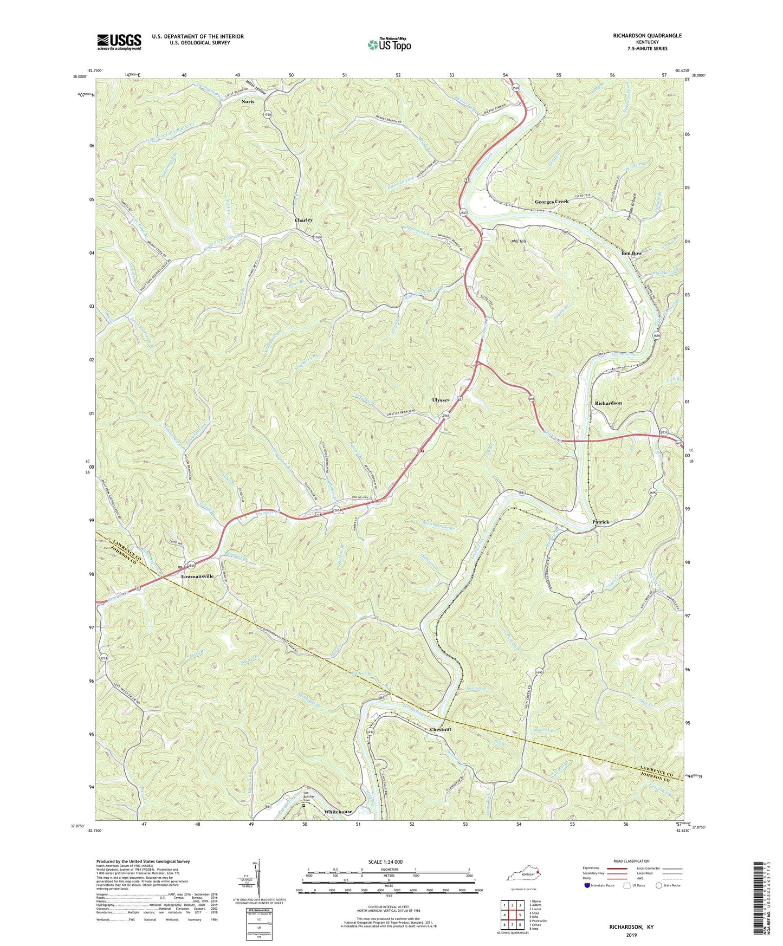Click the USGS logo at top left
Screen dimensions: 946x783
pyautogui.click(x=119, y=42)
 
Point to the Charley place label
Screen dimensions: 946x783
pyautogui.click(x=303, y=220)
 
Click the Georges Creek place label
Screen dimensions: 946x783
pyautogui.click(x=552, y=202)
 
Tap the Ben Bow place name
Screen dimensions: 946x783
pyautogui.click(x=631, y=253)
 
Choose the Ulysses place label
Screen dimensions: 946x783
pyautogui.click(x=441, y=400)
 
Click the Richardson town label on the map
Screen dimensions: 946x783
pyautogui.click(x=608, y=403)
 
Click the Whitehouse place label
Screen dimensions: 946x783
pyautogui.click(x=338, y=812)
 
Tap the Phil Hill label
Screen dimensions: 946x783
pyautogui.click(x=515, y=242)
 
